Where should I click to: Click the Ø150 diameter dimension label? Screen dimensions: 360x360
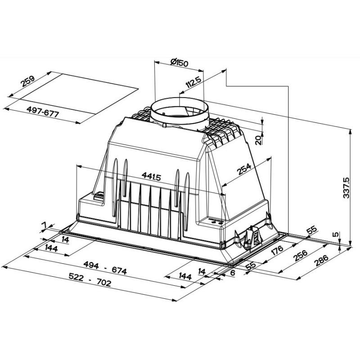pos(180,63)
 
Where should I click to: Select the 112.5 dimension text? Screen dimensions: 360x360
pos(193,82)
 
